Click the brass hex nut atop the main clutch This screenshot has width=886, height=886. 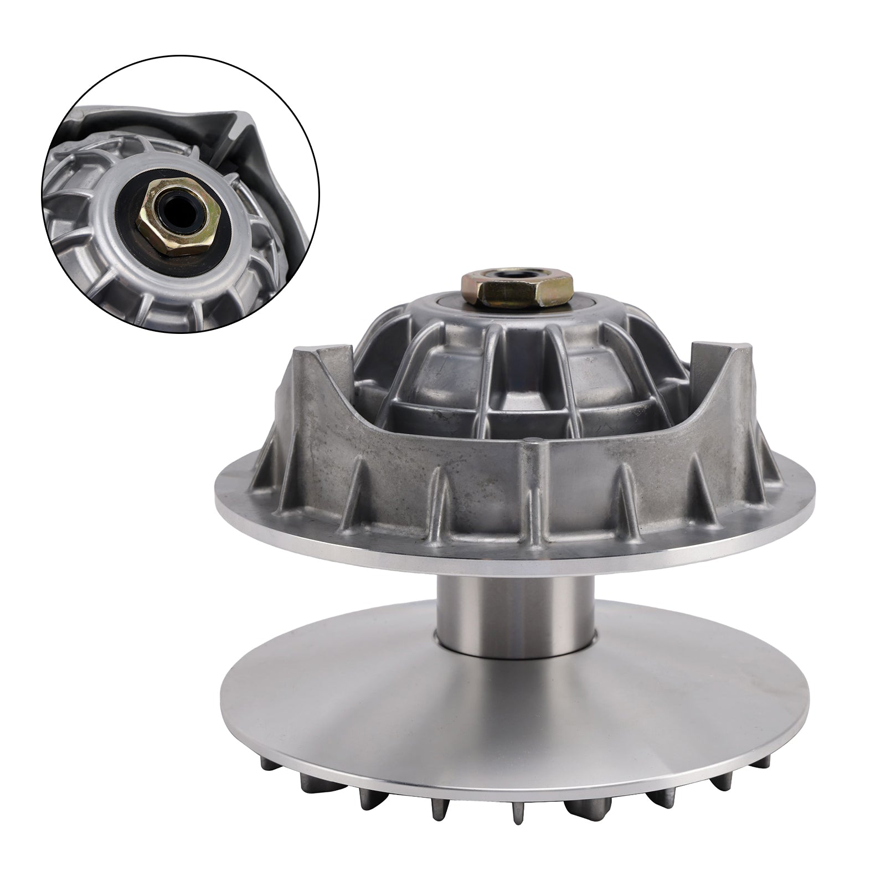click(x=516, y=289)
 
